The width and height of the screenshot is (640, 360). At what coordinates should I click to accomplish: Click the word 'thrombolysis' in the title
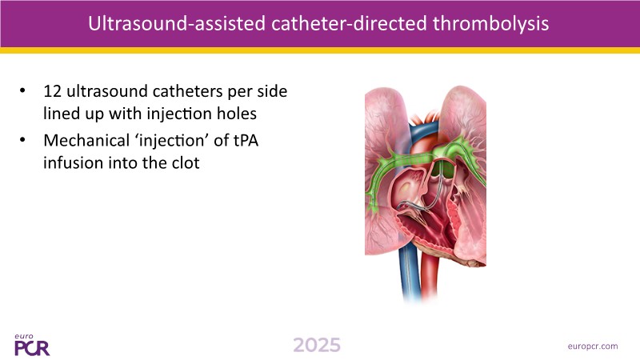click(490, 23)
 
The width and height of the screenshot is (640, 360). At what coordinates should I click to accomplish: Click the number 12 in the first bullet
click(52, 91)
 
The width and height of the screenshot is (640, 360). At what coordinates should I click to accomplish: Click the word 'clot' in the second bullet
click(186, 163)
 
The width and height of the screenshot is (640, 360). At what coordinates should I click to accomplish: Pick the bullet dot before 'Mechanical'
click(22, 140)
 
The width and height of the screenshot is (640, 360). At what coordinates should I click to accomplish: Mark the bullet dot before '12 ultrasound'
click(22, 90)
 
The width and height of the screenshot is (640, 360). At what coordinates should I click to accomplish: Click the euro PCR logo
click(32, 346)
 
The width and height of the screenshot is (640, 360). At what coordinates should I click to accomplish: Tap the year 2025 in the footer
click(317, 346)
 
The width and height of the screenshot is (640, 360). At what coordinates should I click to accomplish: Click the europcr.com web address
click(593, 346)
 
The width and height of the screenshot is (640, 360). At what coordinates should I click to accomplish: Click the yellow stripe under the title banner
click(320, 50)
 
